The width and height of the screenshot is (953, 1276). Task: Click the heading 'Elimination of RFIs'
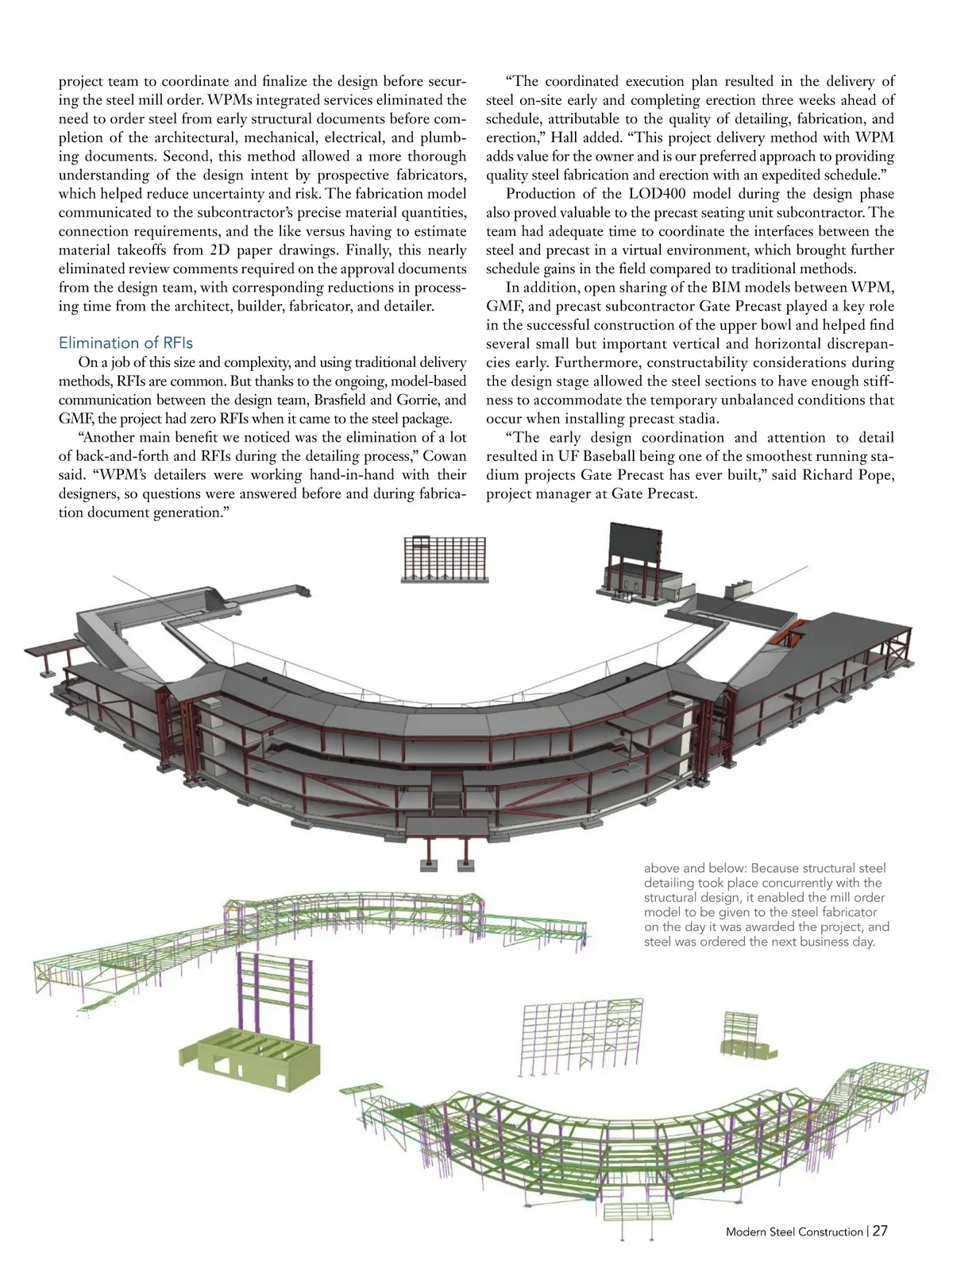[125, 342]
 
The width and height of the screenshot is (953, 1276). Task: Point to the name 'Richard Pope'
[847, 475]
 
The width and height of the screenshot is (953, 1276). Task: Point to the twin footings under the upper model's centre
[446, 864]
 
